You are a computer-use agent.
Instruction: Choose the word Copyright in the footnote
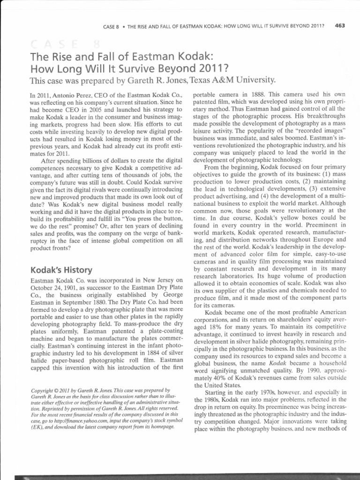point(43,390)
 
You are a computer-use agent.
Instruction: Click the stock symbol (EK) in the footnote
point(37,427)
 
